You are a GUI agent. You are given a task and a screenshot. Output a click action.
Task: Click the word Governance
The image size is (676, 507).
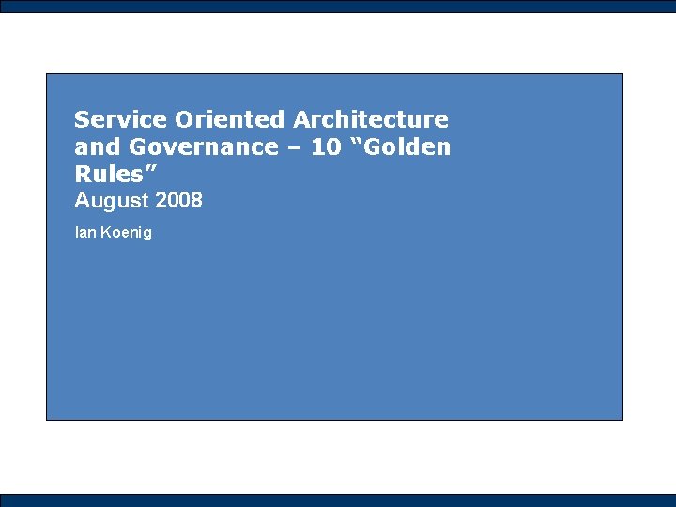click(204, 146)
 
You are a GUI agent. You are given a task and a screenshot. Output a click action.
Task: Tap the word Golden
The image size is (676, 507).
click(409, 146)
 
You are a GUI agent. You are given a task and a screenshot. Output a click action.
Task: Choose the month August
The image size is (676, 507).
click(111, 201)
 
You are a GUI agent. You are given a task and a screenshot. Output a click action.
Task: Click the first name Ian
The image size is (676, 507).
click(84, 232)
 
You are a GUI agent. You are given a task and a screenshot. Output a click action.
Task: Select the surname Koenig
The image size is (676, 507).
click(126, 232)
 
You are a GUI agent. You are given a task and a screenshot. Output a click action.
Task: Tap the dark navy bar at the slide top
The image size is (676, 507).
click(338, 6)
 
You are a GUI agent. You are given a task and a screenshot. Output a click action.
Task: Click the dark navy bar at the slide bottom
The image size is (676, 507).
click(338, 500)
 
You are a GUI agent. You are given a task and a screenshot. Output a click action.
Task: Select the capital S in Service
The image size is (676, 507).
click(82, 119)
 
